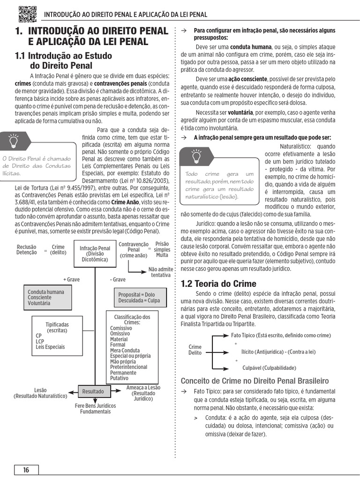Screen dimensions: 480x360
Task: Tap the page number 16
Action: tap(26, 470)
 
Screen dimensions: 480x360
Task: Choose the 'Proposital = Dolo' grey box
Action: tap(139, 298)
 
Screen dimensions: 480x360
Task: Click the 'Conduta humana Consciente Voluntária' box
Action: tap(52, 298)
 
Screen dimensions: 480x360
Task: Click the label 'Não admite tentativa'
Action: tap(160, 272)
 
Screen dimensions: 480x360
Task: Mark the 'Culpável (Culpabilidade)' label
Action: tap(269, 368)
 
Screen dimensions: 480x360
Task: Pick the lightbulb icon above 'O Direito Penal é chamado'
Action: tap(14, 140)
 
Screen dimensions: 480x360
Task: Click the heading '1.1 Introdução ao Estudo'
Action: tap(64, 60)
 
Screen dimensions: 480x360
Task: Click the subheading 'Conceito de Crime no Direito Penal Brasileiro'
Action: tap(255, 380)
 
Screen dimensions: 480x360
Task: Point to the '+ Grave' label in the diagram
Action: tap(71, 279)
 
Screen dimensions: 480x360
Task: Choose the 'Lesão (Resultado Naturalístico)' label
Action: tap(40, 393)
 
